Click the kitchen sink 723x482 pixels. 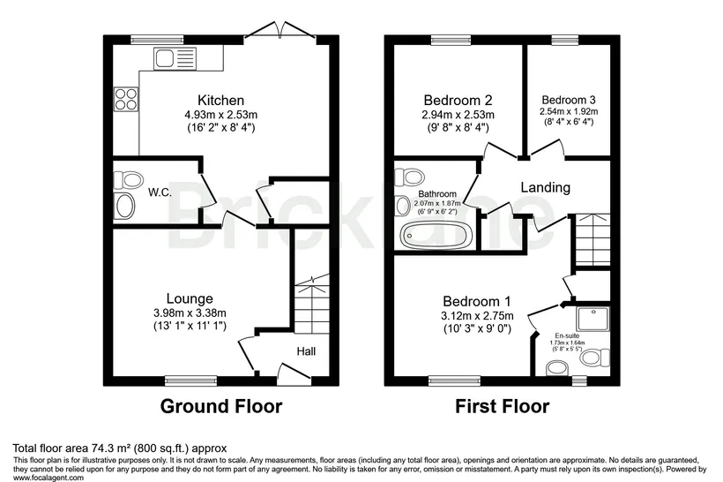(175, 58)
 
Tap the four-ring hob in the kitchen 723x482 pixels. (126, 99)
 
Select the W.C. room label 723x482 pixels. (160, 192)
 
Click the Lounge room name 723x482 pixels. (190, 298)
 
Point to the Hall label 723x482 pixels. (306, 352)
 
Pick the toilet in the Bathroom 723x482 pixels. (409, 176)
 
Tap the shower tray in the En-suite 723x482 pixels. (593, 319)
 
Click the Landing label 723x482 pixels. (546, 187)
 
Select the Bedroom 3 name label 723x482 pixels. (569, 100)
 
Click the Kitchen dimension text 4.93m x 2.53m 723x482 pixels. (220, 115)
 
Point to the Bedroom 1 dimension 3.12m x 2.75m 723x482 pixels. (477, 316)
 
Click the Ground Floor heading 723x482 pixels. (221, 406)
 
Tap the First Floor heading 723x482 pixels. (503, 406)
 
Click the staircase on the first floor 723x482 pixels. (592, 239)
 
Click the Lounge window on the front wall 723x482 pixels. (190, 380)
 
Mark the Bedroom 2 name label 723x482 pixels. (458, 100)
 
